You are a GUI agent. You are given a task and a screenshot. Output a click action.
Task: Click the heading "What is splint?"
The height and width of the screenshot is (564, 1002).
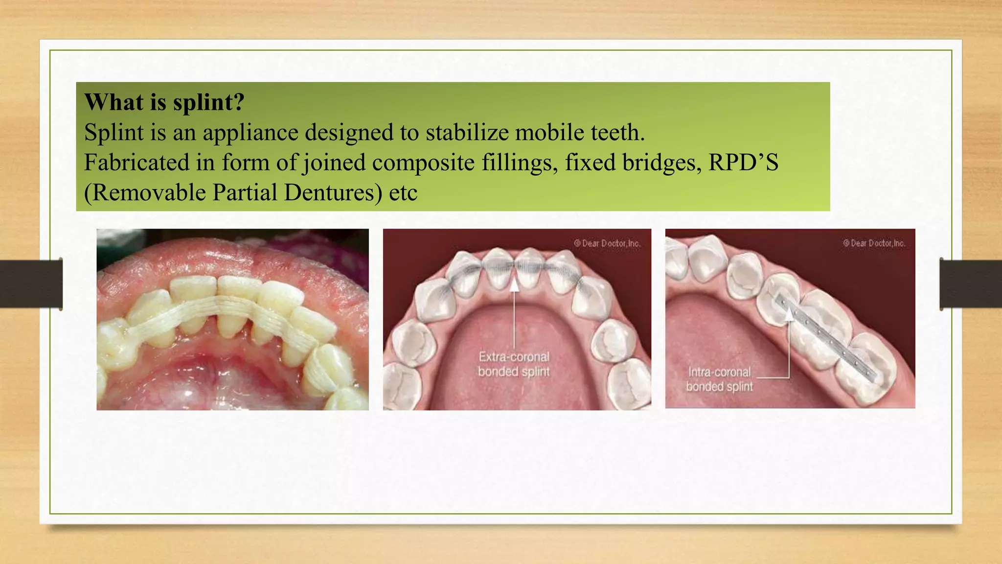tap(164, 102)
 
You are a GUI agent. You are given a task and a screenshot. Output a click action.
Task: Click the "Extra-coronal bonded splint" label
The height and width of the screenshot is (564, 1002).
tap(514, 364)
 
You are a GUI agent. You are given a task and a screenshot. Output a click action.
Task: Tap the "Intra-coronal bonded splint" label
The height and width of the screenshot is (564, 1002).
tap(719, 379)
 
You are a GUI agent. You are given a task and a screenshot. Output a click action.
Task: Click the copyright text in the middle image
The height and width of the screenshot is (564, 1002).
tap(607, 243)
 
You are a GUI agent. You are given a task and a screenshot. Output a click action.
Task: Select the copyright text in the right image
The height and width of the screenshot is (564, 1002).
tap(874, 243)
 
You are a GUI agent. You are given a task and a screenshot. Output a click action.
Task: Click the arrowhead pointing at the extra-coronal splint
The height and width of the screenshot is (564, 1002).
tap(514, 284)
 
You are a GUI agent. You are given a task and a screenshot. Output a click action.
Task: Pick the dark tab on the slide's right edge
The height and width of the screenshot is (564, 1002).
tap(971, 284)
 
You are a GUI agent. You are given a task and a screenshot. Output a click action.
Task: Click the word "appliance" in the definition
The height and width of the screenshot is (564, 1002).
tap(250, 133)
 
